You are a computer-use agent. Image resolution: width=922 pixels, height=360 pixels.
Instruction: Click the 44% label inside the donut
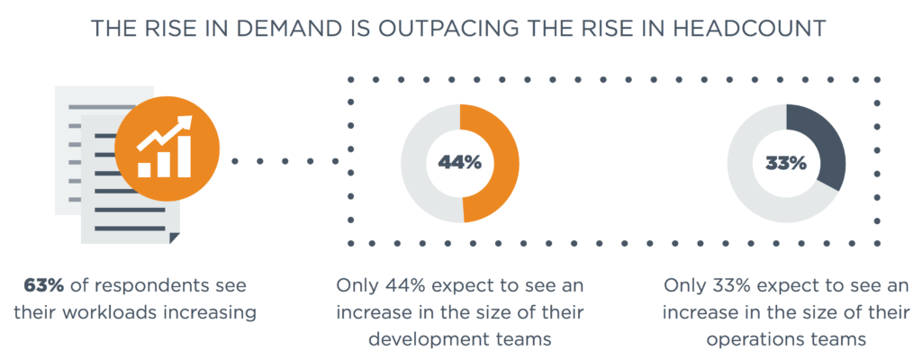pos(459,163)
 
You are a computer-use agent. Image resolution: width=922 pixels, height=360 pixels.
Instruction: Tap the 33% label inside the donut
pos(785,163)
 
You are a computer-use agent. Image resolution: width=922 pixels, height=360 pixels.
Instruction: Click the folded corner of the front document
pos(170,236)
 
